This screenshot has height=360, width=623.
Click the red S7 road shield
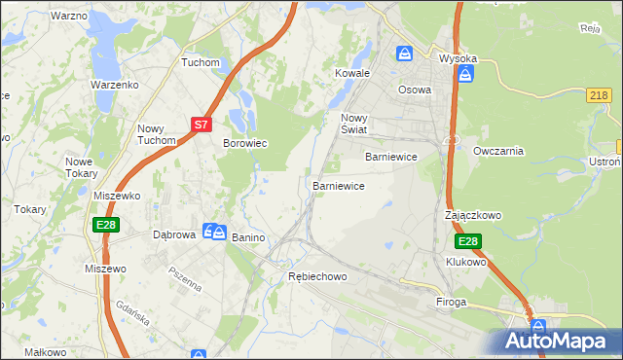coord(201,125)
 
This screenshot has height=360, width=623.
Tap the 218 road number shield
coord(600,94)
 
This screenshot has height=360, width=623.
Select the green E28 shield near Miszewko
coord(107,225)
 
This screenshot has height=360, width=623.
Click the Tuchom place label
coord(202,62)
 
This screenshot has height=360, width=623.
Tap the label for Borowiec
coord(245,143)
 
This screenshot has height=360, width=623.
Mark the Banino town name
coord(248,236)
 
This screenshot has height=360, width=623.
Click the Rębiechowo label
coord(317,276)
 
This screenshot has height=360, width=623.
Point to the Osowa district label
coord(415,90)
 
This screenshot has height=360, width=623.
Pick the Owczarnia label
coord(498,151)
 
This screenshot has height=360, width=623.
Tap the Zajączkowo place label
coord(472,215)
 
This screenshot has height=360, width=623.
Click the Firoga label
coord(451,302)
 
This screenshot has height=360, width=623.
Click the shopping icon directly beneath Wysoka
coord(466,75)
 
